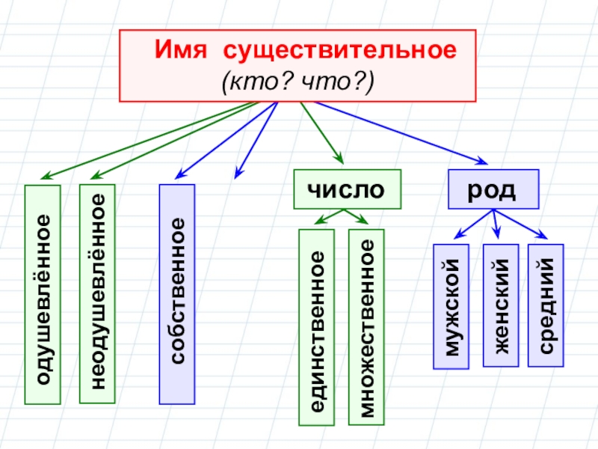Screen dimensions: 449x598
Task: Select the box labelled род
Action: [493, 189]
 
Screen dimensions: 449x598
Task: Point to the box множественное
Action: [366, 328]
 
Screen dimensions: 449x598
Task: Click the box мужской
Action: [451, 306]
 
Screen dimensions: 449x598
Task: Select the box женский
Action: [500, 306]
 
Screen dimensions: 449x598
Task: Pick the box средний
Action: [546, 306]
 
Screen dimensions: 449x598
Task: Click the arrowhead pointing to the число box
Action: [339, 159]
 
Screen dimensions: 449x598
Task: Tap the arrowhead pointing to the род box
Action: [481, 160]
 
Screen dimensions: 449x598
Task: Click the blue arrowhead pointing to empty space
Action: [237, 174]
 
